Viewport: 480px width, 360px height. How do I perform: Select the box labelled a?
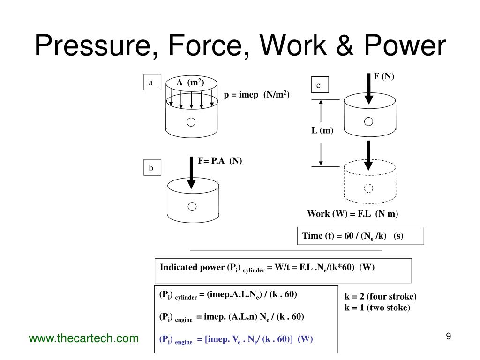tap(151, 82)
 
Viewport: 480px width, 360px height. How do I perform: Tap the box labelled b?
tap(151, 168)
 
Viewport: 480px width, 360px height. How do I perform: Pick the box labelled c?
tap(318, 85)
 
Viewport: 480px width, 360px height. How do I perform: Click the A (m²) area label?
tap(189, 83)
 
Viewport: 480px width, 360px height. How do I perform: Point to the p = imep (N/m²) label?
tap(256, 95)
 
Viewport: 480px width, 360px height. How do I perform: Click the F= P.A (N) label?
tap(219, 161)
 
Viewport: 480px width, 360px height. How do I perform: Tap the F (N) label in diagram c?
tap(384, 76)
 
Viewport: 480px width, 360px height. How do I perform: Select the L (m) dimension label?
tap(322, 131)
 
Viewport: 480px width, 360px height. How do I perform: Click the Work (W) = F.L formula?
tap(352, 214)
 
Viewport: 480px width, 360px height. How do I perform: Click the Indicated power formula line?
tap(267, 268)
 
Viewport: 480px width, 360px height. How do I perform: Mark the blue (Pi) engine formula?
tap(236, 339)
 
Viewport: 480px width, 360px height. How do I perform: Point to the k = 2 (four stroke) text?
tap(380, 297)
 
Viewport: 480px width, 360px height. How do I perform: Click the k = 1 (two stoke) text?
tap(377, 308)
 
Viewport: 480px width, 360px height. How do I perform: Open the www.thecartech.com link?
tap(84, 338)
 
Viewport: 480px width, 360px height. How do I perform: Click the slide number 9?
tap(448, 336)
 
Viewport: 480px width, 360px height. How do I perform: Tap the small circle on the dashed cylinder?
tap(368, 188)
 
